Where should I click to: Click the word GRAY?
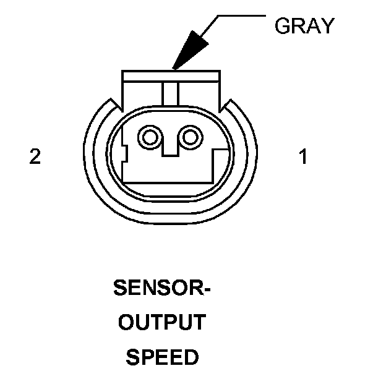(304, 26)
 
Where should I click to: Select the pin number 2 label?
(35, 157)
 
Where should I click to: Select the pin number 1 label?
(302, 157)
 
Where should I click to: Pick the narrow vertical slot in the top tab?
(169, 93)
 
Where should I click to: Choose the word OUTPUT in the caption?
(162, 323)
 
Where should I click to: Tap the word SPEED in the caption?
(162, 357)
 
